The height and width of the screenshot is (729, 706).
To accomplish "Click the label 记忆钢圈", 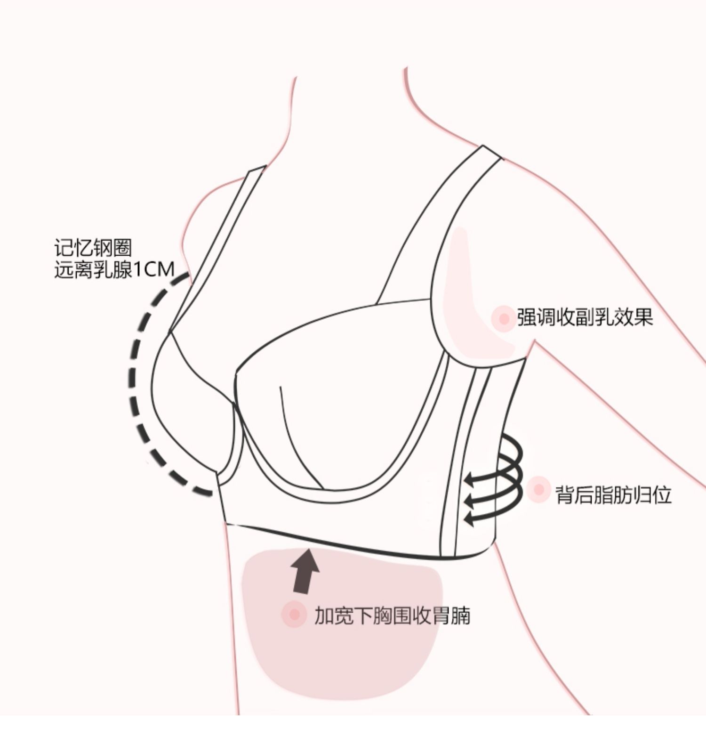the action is (x=93, y=248).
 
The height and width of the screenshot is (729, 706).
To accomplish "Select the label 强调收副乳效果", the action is (x=585, y=317).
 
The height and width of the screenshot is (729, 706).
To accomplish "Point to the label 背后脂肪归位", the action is (x=613, y=495).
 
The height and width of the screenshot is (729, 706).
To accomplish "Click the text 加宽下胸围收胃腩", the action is (x=392, y=616).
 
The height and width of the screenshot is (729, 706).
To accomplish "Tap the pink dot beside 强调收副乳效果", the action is (x=504, y=318).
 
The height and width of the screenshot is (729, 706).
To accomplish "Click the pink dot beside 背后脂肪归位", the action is (x=539, y=490).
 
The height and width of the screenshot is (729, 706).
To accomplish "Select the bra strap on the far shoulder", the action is (x=217, y=250).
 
